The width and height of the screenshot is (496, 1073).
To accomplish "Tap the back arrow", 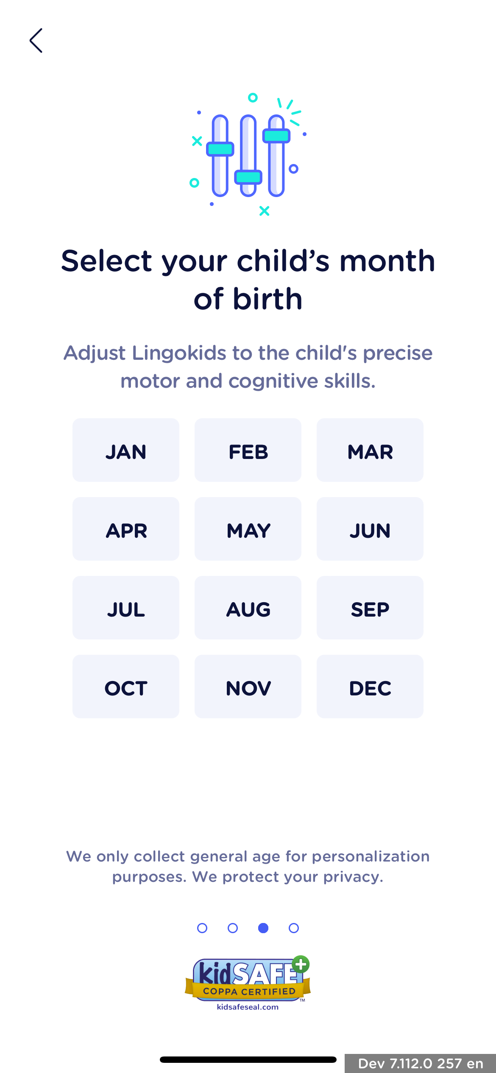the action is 36,41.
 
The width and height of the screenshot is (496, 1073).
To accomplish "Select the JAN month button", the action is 126,450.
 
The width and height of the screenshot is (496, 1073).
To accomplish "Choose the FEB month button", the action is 248,450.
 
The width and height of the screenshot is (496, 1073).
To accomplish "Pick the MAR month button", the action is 370,450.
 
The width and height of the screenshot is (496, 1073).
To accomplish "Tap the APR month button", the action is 126,529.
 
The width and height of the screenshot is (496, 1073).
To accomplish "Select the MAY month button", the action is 248,529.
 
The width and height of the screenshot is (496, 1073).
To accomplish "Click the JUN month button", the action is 370,529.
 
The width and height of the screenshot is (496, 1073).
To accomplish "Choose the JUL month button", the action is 126,608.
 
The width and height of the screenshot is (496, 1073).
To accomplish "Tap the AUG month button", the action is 248,608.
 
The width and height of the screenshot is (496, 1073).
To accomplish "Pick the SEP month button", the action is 370,608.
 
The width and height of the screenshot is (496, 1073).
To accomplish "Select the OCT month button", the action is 126,687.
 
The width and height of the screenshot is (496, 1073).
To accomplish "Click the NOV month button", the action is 248,687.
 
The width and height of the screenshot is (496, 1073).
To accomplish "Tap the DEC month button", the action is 370,687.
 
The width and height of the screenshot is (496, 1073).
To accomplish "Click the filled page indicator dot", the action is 263,928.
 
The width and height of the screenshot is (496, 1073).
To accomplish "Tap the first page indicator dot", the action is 202,928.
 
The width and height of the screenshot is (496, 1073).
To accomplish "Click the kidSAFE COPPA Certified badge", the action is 248,983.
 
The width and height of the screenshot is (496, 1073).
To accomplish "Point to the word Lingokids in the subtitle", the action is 179,353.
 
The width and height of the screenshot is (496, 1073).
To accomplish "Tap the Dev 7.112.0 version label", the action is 421,1064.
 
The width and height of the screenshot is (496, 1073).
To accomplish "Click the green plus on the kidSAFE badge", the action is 301,965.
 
